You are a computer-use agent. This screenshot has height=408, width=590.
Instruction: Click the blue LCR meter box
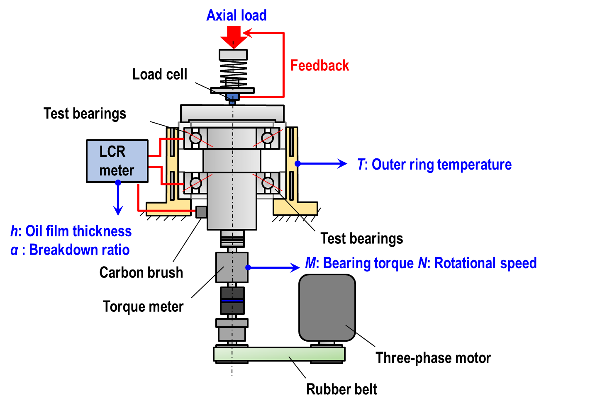coord(117,161)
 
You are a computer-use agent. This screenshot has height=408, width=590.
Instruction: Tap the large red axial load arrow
coord(234,37)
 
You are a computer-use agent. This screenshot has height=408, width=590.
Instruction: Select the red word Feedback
coord(319,65)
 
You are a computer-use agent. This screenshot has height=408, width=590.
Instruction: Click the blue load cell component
coord(232,98)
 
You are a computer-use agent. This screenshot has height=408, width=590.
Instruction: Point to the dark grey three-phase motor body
coord(327,307)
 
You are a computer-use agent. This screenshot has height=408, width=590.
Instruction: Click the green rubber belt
coord(279,354)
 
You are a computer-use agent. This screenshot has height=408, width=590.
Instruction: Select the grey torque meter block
coord(232,267)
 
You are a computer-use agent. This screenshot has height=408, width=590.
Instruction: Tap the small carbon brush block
coord(201,212)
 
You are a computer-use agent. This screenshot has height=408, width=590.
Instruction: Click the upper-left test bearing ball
coord(196,138)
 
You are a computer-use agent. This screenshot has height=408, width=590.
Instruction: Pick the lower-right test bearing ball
coord(268,183)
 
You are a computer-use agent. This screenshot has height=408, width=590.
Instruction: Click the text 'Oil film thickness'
coord(78,231)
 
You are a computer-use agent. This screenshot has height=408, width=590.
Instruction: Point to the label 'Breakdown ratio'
coord(79,250)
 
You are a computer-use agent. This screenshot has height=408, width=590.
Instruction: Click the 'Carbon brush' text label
coord(141,272)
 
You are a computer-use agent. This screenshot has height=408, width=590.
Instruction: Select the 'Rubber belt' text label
coord(341,389)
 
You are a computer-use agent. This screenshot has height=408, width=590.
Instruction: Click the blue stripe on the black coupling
coord(232,301)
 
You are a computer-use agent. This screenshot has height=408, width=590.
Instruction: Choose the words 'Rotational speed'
coord(485,263)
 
